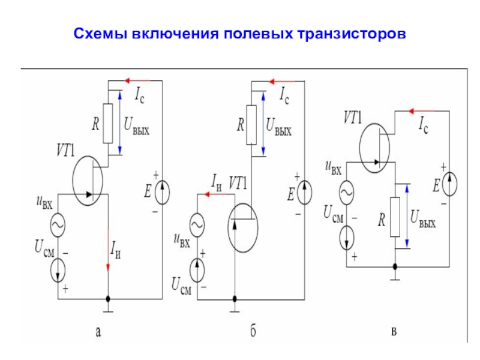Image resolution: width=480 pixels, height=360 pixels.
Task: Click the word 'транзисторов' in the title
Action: (x=352, y=34)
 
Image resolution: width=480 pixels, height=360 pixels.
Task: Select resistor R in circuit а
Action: (x=108, y=124)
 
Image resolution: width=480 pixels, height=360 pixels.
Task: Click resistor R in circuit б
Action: (x=251, y=125)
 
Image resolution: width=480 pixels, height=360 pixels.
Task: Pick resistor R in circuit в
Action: (x=395, y=217)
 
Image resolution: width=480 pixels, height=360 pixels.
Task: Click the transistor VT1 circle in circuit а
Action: (x=73, y=181)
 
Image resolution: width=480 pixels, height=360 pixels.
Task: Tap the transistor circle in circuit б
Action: (x=228, y=228)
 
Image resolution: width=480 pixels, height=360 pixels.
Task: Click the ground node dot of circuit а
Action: (x=108, y=299)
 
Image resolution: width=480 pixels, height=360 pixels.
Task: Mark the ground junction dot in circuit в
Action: (x=395, y=266)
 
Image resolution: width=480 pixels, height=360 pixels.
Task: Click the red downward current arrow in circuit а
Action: (x=108, y=250)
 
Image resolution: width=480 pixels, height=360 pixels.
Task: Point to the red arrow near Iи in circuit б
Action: (x=215, y=194)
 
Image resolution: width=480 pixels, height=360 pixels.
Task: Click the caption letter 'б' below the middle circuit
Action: (x=253, y=331)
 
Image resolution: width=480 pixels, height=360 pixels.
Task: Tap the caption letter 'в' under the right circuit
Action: (x=394, y=332)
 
